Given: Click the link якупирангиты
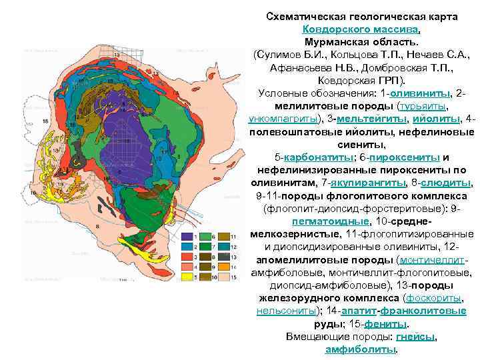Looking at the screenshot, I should (365, 182).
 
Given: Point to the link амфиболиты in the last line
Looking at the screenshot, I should (359, 349).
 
